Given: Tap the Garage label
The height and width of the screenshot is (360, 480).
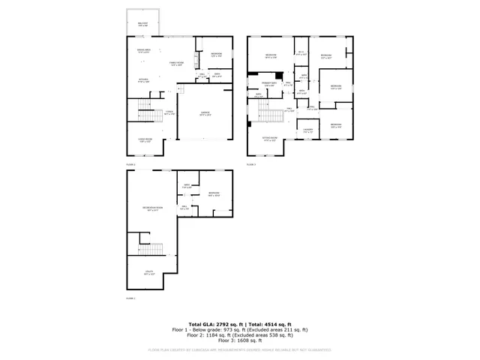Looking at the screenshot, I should tap(205, 114).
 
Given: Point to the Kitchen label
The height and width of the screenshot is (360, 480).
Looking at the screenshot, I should tap(143, 80).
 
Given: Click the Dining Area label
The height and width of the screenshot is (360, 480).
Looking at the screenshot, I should tap(143, 50).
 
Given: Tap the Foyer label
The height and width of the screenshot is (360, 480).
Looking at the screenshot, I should tap(170, 113).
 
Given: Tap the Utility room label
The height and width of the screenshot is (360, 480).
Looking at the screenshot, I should tap(148, 272).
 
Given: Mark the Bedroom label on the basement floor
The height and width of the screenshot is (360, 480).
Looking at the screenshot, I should tap(214, 194).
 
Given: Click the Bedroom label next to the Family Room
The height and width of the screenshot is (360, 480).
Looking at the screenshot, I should tap(216, 54).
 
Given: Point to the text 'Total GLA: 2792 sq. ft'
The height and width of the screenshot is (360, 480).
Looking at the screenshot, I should tap(211, 322).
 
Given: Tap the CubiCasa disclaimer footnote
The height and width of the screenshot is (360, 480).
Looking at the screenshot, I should tap(239, 349).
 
